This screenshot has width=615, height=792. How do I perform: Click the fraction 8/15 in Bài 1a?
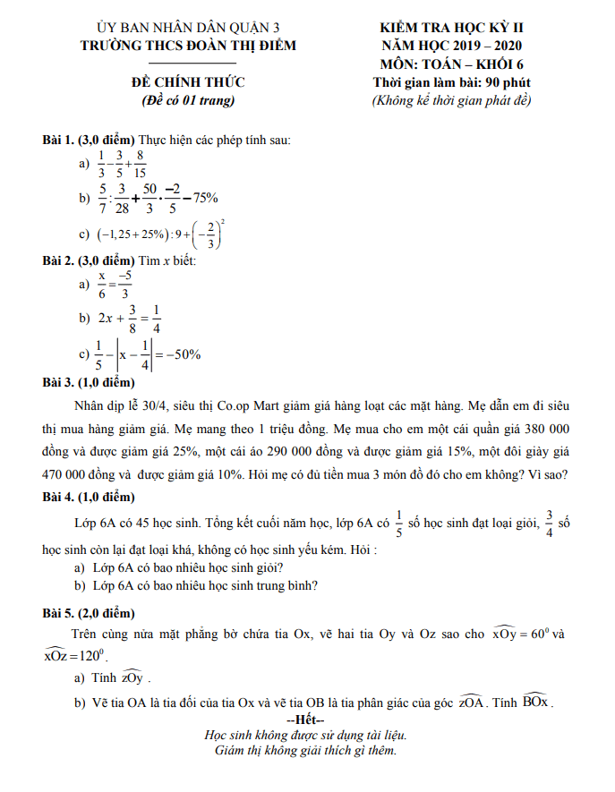(141, 164)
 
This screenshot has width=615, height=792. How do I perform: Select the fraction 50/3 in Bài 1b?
(149, 198)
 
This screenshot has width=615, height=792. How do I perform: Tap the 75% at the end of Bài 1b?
(205, 198)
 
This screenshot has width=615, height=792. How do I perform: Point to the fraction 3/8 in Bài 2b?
(132, 318)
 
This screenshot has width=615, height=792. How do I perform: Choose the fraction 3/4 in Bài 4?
(550, 522)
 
